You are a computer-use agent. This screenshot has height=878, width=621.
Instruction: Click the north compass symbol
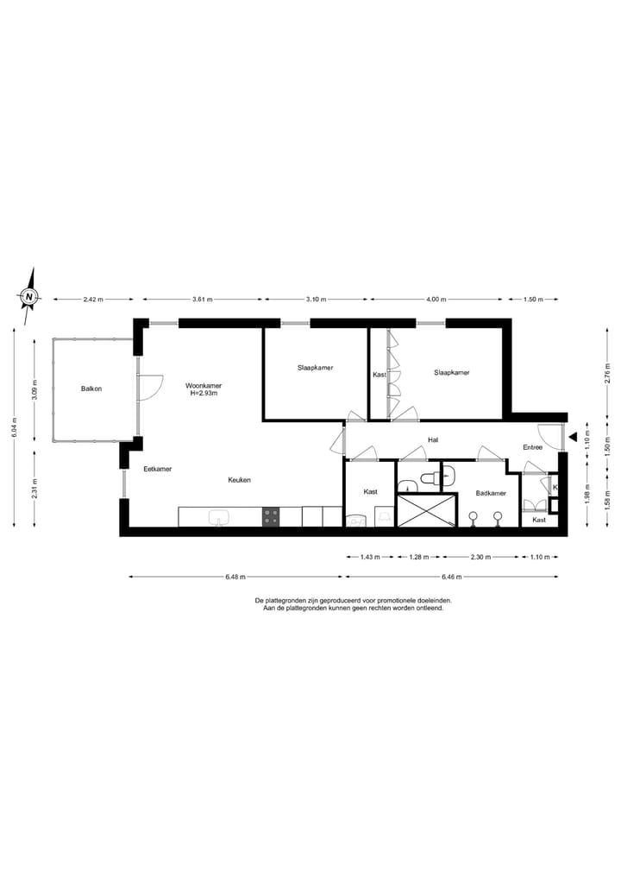(x=30, y=297)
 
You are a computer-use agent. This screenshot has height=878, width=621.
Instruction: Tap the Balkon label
(x=91, y=388)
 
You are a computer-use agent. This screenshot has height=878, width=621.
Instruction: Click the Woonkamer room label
(x=204, y=385)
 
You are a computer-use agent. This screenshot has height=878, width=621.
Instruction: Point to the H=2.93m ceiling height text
(x=204, y=394)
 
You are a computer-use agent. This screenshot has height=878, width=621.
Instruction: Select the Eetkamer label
(x=158, y=469)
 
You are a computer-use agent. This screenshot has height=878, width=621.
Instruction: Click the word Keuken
(x=240, y=480)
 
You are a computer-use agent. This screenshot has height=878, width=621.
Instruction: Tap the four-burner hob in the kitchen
(x=271, y=516)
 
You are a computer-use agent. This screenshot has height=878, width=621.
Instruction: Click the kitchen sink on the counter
(x=219, y=517)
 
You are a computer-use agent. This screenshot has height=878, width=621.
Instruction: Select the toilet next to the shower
(x=430, y=477)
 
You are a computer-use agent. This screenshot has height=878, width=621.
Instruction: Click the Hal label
(x=433, y=440)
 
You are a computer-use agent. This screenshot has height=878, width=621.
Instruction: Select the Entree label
(x=532, y=447)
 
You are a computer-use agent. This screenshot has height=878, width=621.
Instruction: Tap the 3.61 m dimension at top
(x=202, y=300)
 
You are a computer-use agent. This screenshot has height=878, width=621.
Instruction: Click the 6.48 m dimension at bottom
(x=235, y=576)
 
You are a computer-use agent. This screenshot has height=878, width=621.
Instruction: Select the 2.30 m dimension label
(x=479, y=558)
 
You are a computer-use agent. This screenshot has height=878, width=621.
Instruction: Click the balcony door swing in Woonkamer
(x=151, y=387)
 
